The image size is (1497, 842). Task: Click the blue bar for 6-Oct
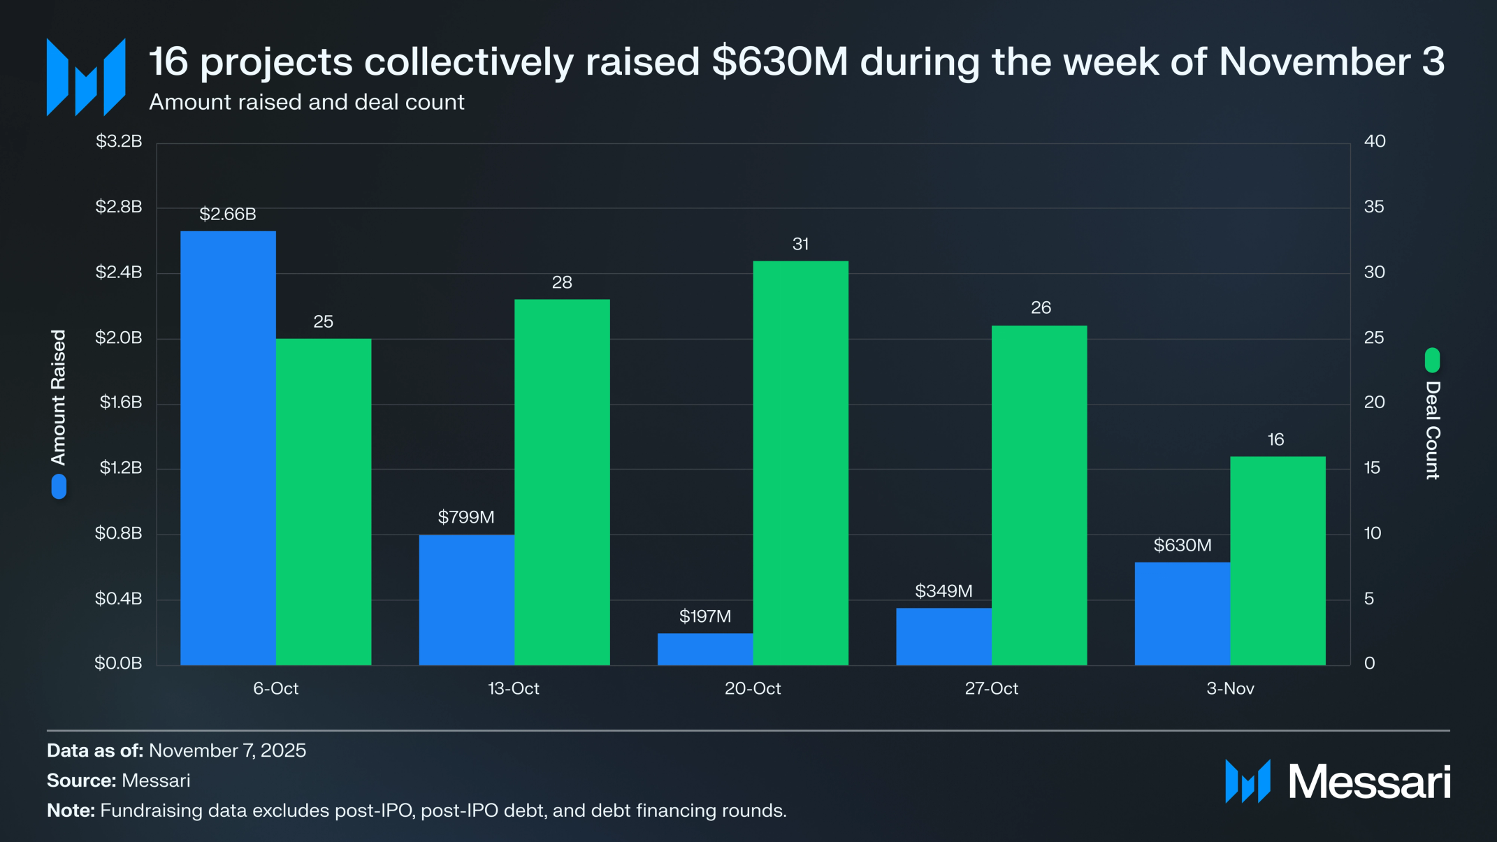pos(228,447)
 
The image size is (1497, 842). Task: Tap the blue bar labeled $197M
pos(704,649)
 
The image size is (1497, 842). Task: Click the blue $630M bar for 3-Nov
pos(1182,614)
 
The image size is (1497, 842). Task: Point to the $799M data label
pos(465,517)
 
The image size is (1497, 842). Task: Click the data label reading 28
pos(562,282)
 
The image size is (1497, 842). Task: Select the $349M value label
pos(943,591)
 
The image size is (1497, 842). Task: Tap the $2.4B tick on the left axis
pos(119,272)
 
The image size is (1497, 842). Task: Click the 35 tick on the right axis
pos(1374,207)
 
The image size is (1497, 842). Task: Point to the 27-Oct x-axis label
pos(991,688)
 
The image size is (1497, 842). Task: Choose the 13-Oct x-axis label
pos(514,688)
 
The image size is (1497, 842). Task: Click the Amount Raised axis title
pos(59,397)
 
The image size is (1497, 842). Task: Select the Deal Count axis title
pos(1433,430)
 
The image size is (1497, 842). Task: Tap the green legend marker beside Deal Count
pos(1432,361)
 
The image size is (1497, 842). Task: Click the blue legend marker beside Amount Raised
pos(59,486)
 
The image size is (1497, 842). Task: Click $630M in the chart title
pos(780,61)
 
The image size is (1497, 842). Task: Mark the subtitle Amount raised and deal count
pos(306,102)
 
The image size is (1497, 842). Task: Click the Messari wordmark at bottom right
pos(1368,781)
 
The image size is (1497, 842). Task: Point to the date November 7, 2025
pos(227,750)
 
